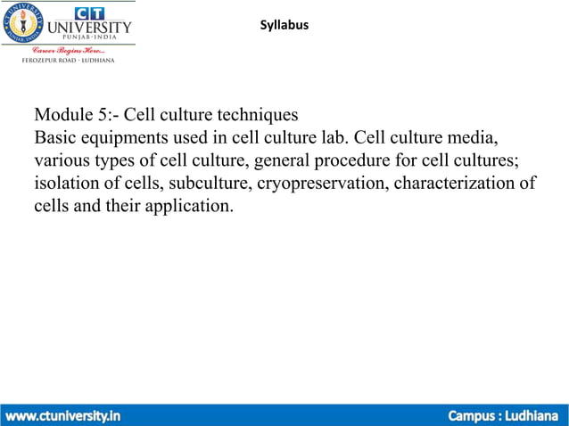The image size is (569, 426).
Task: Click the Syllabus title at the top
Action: (x=284, y=25)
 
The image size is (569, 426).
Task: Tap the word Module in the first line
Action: (x=62, y=116)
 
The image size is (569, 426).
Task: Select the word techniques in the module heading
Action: (x=253, y=116)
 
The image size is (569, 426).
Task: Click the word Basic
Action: (x=54, y=139)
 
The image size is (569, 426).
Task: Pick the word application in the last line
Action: (x=188, y=208)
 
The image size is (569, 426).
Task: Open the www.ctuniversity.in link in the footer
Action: (x=64, y=415)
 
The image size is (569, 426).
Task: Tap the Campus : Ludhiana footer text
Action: (x=503, y=415)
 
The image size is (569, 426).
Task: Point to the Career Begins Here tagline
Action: (x=69, y=49)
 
